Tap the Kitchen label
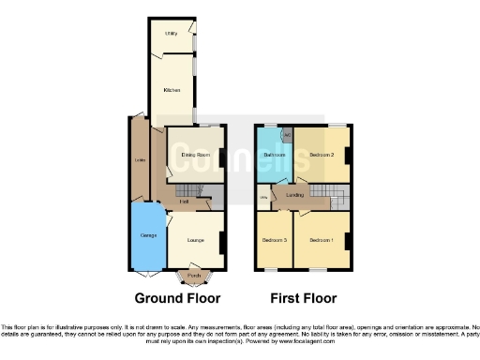172,91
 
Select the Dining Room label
194,153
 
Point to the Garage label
147,234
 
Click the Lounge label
195,241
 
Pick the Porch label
193,276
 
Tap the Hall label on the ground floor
185,201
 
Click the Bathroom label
274,154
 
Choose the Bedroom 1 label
322,241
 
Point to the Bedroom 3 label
274,241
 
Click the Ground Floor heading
178,299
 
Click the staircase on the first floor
328,197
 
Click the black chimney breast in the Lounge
222,241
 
